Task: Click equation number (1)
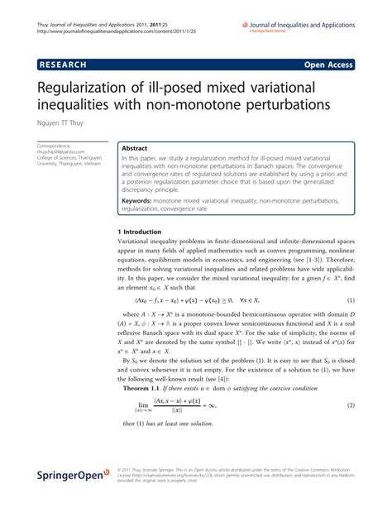coord(351,300)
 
